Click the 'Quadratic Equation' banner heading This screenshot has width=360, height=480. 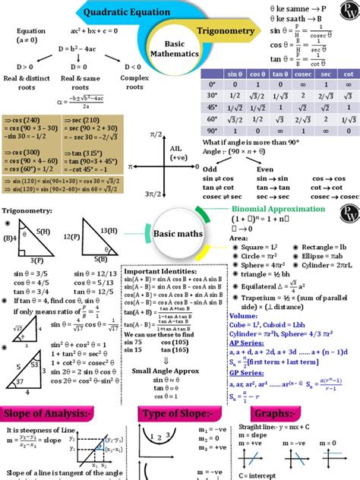click(x=125, y=12)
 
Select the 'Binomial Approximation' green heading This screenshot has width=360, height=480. click(x=278, y=209)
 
